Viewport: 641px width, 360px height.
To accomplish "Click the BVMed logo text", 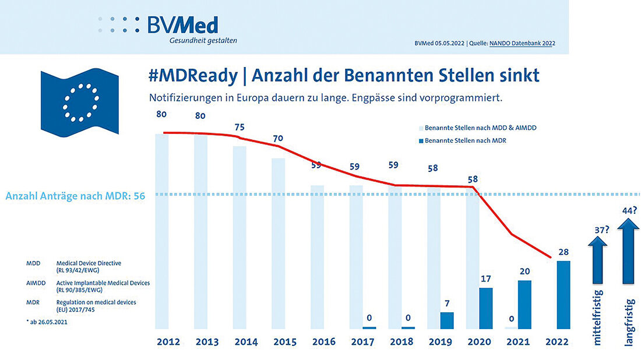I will [x=182, y=25].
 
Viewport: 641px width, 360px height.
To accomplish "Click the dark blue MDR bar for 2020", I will [x=486, y=308].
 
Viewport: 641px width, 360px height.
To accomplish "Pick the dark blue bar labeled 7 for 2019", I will [x=446, y=320].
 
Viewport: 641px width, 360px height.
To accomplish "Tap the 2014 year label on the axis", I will [x=245, y=342].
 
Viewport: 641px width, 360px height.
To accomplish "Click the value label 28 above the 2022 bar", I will [x=563, y=252].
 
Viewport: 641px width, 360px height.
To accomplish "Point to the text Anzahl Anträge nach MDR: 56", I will [x=75, y=196].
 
